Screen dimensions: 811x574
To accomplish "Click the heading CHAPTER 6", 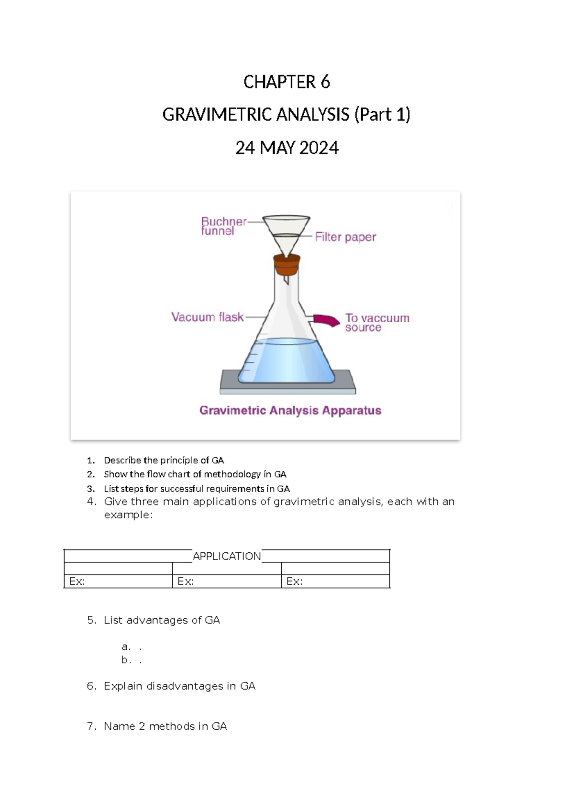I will pyautogui.click(x=287, y=82).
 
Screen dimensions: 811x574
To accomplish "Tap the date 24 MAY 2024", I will pyautogui.click(x=287, y=148).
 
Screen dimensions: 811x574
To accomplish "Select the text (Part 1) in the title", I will pyautogui.click(x=382, y=115).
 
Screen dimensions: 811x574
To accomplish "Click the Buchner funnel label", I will pyautogui.click(x=223, y=226).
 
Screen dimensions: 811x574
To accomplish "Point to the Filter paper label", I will pyautogui.click(x=345, y=237).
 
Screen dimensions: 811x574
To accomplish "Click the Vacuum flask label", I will pyautogui.click(x=207, y=317).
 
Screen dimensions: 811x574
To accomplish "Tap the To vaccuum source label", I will pyautogui.click(x=377, y=323).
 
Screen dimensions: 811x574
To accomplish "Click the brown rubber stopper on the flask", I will pyautogui.click(x=287, y=265).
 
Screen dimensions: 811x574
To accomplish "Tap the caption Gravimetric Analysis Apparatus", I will pyautogui.click(x=290, y=411).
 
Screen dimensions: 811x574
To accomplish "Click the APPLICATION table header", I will pyautogui.click(x=227, y=556).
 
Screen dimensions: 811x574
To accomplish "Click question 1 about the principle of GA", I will pyautogui.click(x=164, y=460).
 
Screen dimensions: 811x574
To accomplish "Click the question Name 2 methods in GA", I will pyautogui.click(x=165, y=726).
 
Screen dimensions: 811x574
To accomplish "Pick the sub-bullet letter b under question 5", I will pyautogui.click(x=125, y=660).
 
